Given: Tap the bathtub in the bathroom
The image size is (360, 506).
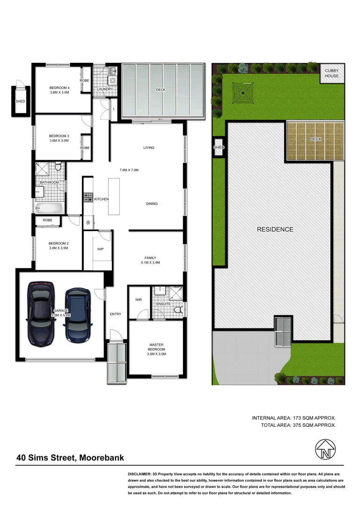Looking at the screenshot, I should [x=47, y=208].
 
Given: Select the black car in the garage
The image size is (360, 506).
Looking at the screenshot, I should [x=41, y=312].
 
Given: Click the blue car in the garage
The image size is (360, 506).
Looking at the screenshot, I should [x=77, y=314].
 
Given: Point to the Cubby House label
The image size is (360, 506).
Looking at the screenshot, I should [x=331, y=73].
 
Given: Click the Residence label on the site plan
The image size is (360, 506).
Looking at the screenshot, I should [x=275, y=230].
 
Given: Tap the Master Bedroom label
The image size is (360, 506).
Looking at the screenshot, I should [x=156, y=346].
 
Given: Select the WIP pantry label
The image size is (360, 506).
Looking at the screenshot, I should [x=100, y=249].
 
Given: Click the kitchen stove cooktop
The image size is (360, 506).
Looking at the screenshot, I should [x=87, y=198].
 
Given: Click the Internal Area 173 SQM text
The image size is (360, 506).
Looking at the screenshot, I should [x=294, y=417].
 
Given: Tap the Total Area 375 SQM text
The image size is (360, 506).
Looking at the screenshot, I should [x=298, y=425].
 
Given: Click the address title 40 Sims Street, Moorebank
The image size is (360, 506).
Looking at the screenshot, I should [x=70, y=458].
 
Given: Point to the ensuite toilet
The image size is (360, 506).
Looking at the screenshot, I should [x=177, y=310].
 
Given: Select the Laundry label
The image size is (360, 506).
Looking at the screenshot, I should [x=105, y=89].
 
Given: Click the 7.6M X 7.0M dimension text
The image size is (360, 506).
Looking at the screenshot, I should [x=129, y=170].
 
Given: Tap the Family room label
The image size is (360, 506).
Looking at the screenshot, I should [x=150, y=258].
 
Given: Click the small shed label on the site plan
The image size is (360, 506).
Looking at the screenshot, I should [x=219, y=148].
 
